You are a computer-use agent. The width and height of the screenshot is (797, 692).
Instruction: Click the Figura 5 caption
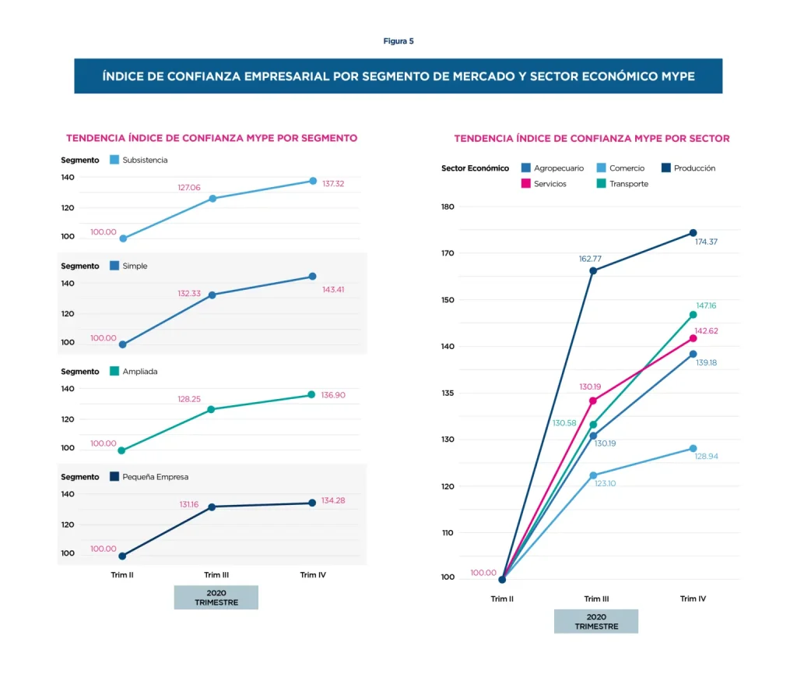(x=398, y=41)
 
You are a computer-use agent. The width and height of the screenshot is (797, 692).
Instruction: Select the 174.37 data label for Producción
(x=706, y=242)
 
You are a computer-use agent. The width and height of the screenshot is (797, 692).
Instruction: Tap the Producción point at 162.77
(x=593, y=271)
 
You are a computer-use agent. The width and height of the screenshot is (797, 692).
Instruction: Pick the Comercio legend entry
(x=626, y=168)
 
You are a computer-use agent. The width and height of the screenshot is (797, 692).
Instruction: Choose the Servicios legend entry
(x=549, y=184)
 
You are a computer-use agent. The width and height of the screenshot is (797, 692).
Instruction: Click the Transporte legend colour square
(x=602, y=184)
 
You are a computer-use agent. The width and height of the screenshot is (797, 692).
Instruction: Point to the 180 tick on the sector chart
(x=447, y=207)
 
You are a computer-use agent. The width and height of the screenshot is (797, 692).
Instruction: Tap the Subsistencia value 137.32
(x=333, y=183)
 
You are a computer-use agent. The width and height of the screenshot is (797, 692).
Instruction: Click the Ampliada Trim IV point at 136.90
(x=311, y=394)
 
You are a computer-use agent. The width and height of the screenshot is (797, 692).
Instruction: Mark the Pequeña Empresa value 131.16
(x=189, y=504)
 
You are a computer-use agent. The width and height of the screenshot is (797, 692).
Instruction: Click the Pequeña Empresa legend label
(x=156, y=477)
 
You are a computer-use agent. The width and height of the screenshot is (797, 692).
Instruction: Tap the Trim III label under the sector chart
(x=597, y=598)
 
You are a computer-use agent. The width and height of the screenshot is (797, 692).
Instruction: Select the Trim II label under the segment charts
(x=121, y=575)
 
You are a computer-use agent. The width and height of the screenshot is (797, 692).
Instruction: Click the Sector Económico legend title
(x=475, y=168)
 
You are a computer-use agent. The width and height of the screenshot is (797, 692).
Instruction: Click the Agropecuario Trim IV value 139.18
(x=706, y=362)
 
